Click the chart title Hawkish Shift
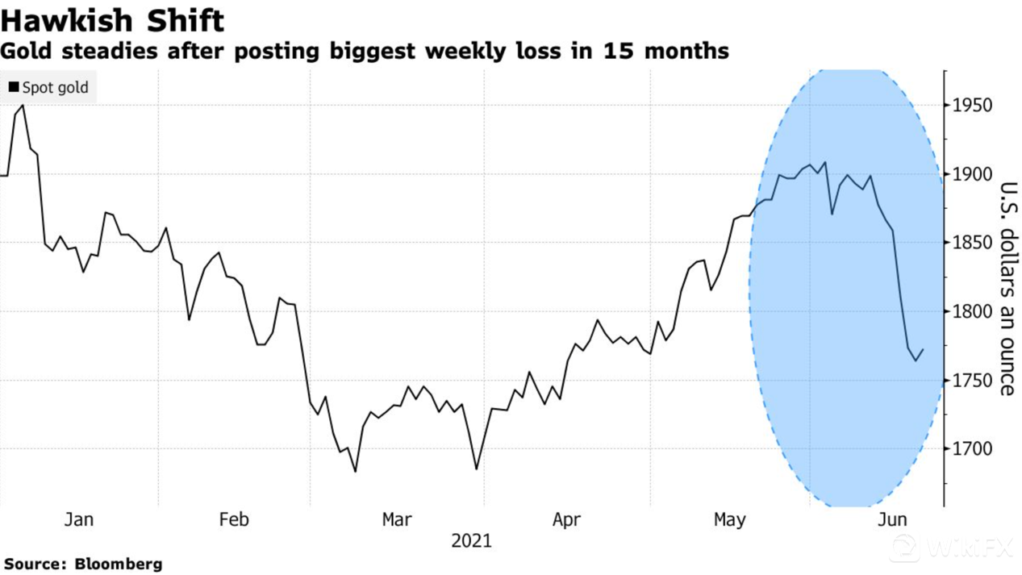tap(112, 19)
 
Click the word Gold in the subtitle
tap(23, 52)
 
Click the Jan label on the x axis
tap(78, 520)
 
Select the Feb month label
tap(234, 520)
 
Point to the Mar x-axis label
tap(397, 520)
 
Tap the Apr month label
tap(566, 520)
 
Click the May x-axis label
tap(729, 520)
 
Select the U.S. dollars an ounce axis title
tap(1007, 289)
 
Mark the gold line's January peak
tap(22, 106)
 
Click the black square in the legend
tap(14, 86)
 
